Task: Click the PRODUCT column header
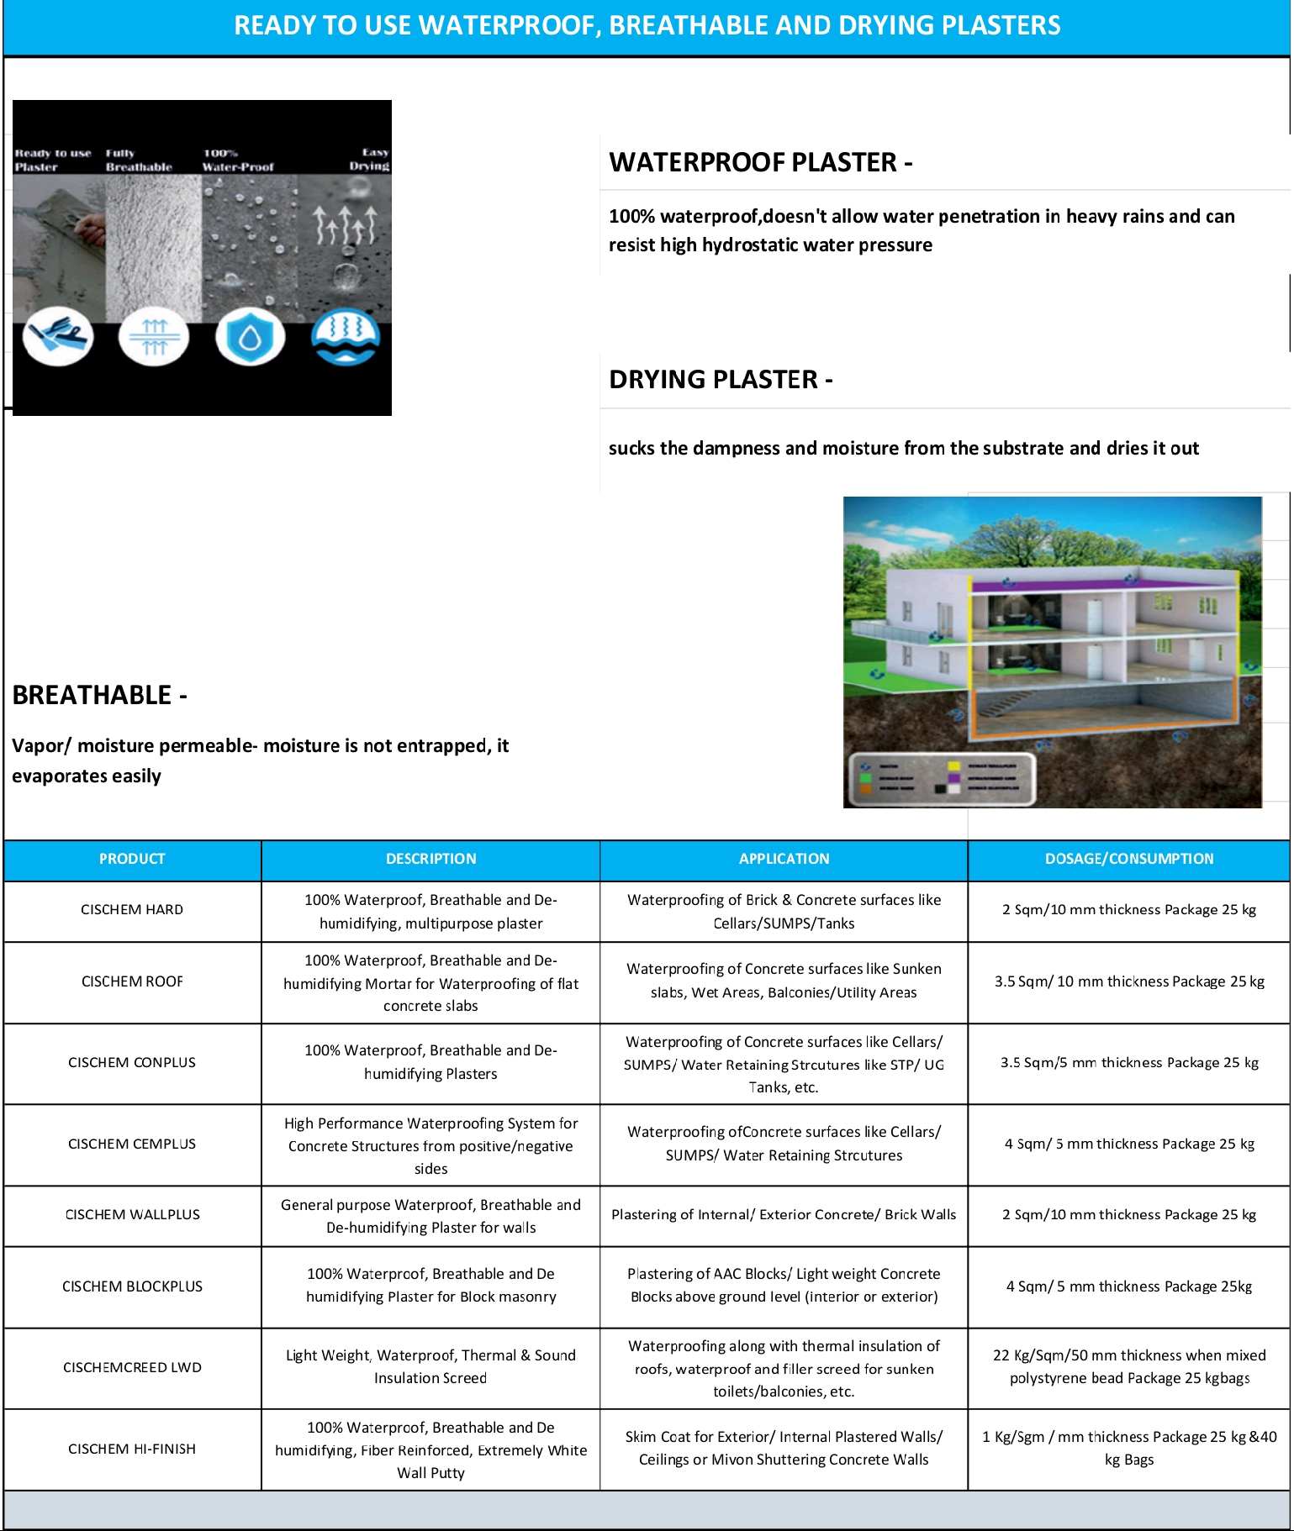132,859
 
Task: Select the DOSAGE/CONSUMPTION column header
1128,859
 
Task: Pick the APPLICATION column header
784,859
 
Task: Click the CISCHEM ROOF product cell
132,981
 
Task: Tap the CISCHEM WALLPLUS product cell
132,1215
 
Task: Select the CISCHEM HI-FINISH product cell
132,1449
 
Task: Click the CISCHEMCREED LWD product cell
132,1367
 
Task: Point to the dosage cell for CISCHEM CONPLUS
1128,1063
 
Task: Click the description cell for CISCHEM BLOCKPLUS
430,1286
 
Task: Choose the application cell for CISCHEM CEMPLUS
784,1144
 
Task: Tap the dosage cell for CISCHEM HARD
1128,910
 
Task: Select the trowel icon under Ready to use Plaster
58,336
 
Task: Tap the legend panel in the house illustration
942,778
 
